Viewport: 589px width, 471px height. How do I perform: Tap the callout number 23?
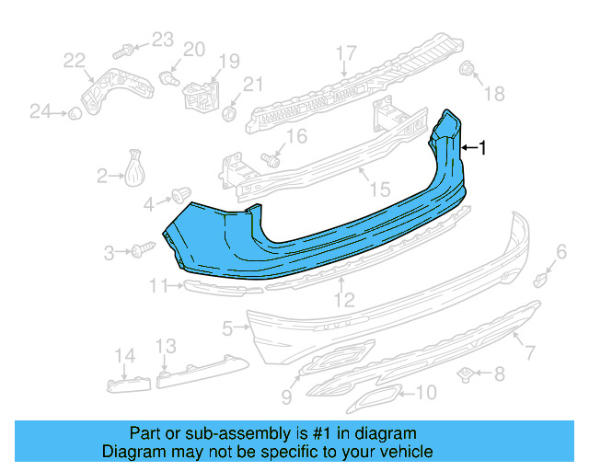[x=162, y=39]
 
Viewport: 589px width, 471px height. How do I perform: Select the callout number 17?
[x=345, y=52]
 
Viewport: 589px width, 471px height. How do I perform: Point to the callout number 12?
[x=343, y=300]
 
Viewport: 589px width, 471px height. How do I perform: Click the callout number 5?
[x=227, y=327]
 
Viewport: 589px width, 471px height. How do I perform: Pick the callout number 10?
[x=425, y=393]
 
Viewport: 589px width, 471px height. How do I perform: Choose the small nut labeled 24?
[x=70, y=113]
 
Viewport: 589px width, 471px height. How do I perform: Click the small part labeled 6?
[x=542, y=276]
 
